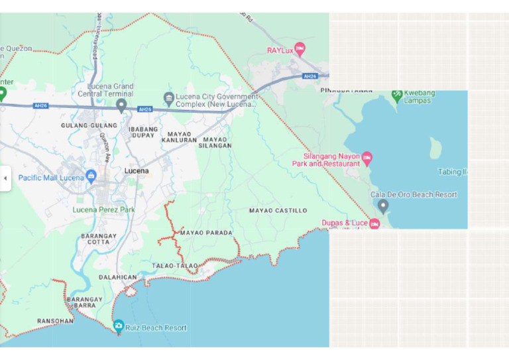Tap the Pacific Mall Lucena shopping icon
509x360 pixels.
coord(91,176)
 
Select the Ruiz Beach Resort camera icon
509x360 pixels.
coord(118,326)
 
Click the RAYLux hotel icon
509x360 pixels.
coord(300,49)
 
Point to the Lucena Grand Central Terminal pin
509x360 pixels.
coord(122,105)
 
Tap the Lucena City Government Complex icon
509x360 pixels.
coord(168,99)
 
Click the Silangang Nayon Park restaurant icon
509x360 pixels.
coord(367,158)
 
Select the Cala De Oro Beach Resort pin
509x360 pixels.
coord(382,206)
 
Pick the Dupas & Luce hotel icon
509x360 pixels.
coord(374,224)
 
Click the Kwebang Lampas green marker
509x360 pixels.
coord(397,95)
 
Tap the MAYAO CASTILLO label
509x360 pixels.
coord(278,210)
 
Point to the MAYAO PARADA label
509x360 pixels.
coord(206,233)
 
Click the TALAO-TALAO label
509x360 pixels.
coord(175,265)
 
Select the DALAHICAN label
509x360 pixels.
coord(117,277)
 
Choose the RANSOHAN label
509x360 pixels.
coord(56,321)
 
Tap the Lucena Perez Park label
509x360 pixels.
coord(103,210)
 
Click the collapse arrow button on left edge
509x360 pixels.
coord(5,178)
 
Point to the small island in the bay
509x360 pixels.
coord(435,148)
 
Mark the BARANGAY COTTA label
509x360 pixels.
coord(99,239)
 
